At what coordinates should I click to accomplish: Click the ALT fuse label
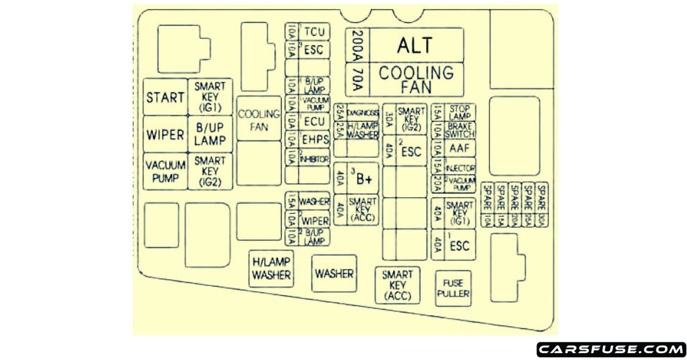tap(415, 45)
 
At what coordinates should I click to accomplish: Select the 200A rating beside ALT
tap(357, 45)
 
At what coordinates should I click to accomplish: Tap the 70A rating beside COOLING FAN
tap(357, 80)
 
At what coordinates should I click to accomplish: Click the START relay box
tap(165, 97)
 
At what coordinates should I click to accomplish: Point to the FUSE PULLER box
tap(453, 289)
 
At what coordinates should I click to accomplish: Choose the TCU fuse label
tap(314, 32)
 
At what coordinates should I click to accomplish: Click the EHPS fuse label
tap(314, 139)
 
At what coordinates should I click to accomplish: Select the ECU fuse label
tap(314, 122)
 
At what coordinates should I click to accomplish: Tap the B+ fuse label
tap(363, 179)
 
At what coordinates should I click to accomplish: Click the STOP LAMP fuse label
tap(460, 112)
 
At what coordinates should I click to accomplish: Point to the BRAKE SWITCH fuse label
tap(460, 130)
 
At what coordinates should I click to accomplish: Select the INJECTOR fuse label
tap(460, 168)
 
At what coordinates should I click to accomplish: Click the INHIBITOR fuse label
tap(314, 158)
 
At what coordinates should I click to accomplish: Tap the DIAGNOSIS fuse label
tap(363, 112)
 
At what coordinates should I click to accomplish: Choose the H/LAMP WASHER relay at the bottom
tap(272, 268)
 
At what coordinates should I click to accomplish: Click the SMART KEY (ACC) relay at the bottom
tap(397, 285)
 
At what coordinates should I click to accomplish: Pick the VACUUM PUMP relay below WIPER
tap(165, 171)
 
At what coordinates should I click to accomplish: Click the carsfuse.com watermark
tap(610, 349)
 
